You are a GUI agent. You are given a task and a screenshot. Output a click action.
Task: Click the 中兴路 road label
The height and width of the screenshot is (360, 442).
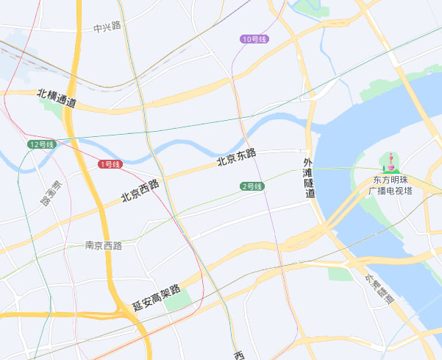point(107,27)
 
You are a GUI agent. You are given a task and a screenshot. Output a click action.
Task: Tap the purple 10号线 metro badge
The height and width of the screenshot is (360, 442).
point(254,38)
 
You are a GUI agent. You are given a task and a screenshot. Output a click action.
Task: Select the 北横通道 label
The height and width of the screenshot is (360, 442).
point(57,97)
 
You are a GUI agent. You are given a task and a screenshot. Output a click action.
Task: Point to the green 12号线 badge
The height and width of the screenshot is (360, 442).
point(42,144)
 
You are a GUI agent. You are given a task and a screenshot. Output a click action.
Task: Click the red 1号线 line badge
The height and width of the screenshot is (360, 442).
point(109,164)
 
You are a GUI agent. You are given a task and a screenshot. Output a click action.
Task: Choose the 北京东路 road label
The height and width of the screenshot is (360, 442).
point(236,157)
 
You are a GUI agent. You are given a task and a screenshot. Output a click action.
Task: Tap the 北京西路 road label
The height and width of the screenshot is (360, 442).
point(140,191)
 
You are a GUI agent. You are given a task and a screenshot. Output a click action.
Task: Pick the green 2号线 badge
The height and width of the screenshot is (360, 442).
point(252,186)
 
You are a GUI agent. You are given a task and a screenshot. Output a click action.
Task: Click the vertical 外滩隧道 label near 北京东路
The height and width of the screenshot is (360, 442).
point(309,177)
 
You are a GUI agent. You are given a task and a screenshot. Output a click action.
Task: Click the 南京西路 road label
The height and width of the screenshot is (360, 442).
point(103,245)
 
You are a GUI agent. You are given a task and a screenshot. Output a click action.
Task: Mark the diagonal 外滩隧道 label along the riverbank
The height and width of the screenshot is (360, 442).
point(379,289)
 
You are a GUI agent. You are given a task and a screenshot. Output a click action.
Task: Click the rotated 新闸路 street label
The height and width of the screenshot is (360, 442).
point(51,194)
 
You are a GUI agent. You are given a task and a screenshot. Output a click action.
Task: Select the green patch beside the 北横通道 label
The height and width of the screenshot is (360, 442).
point(52,107)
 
